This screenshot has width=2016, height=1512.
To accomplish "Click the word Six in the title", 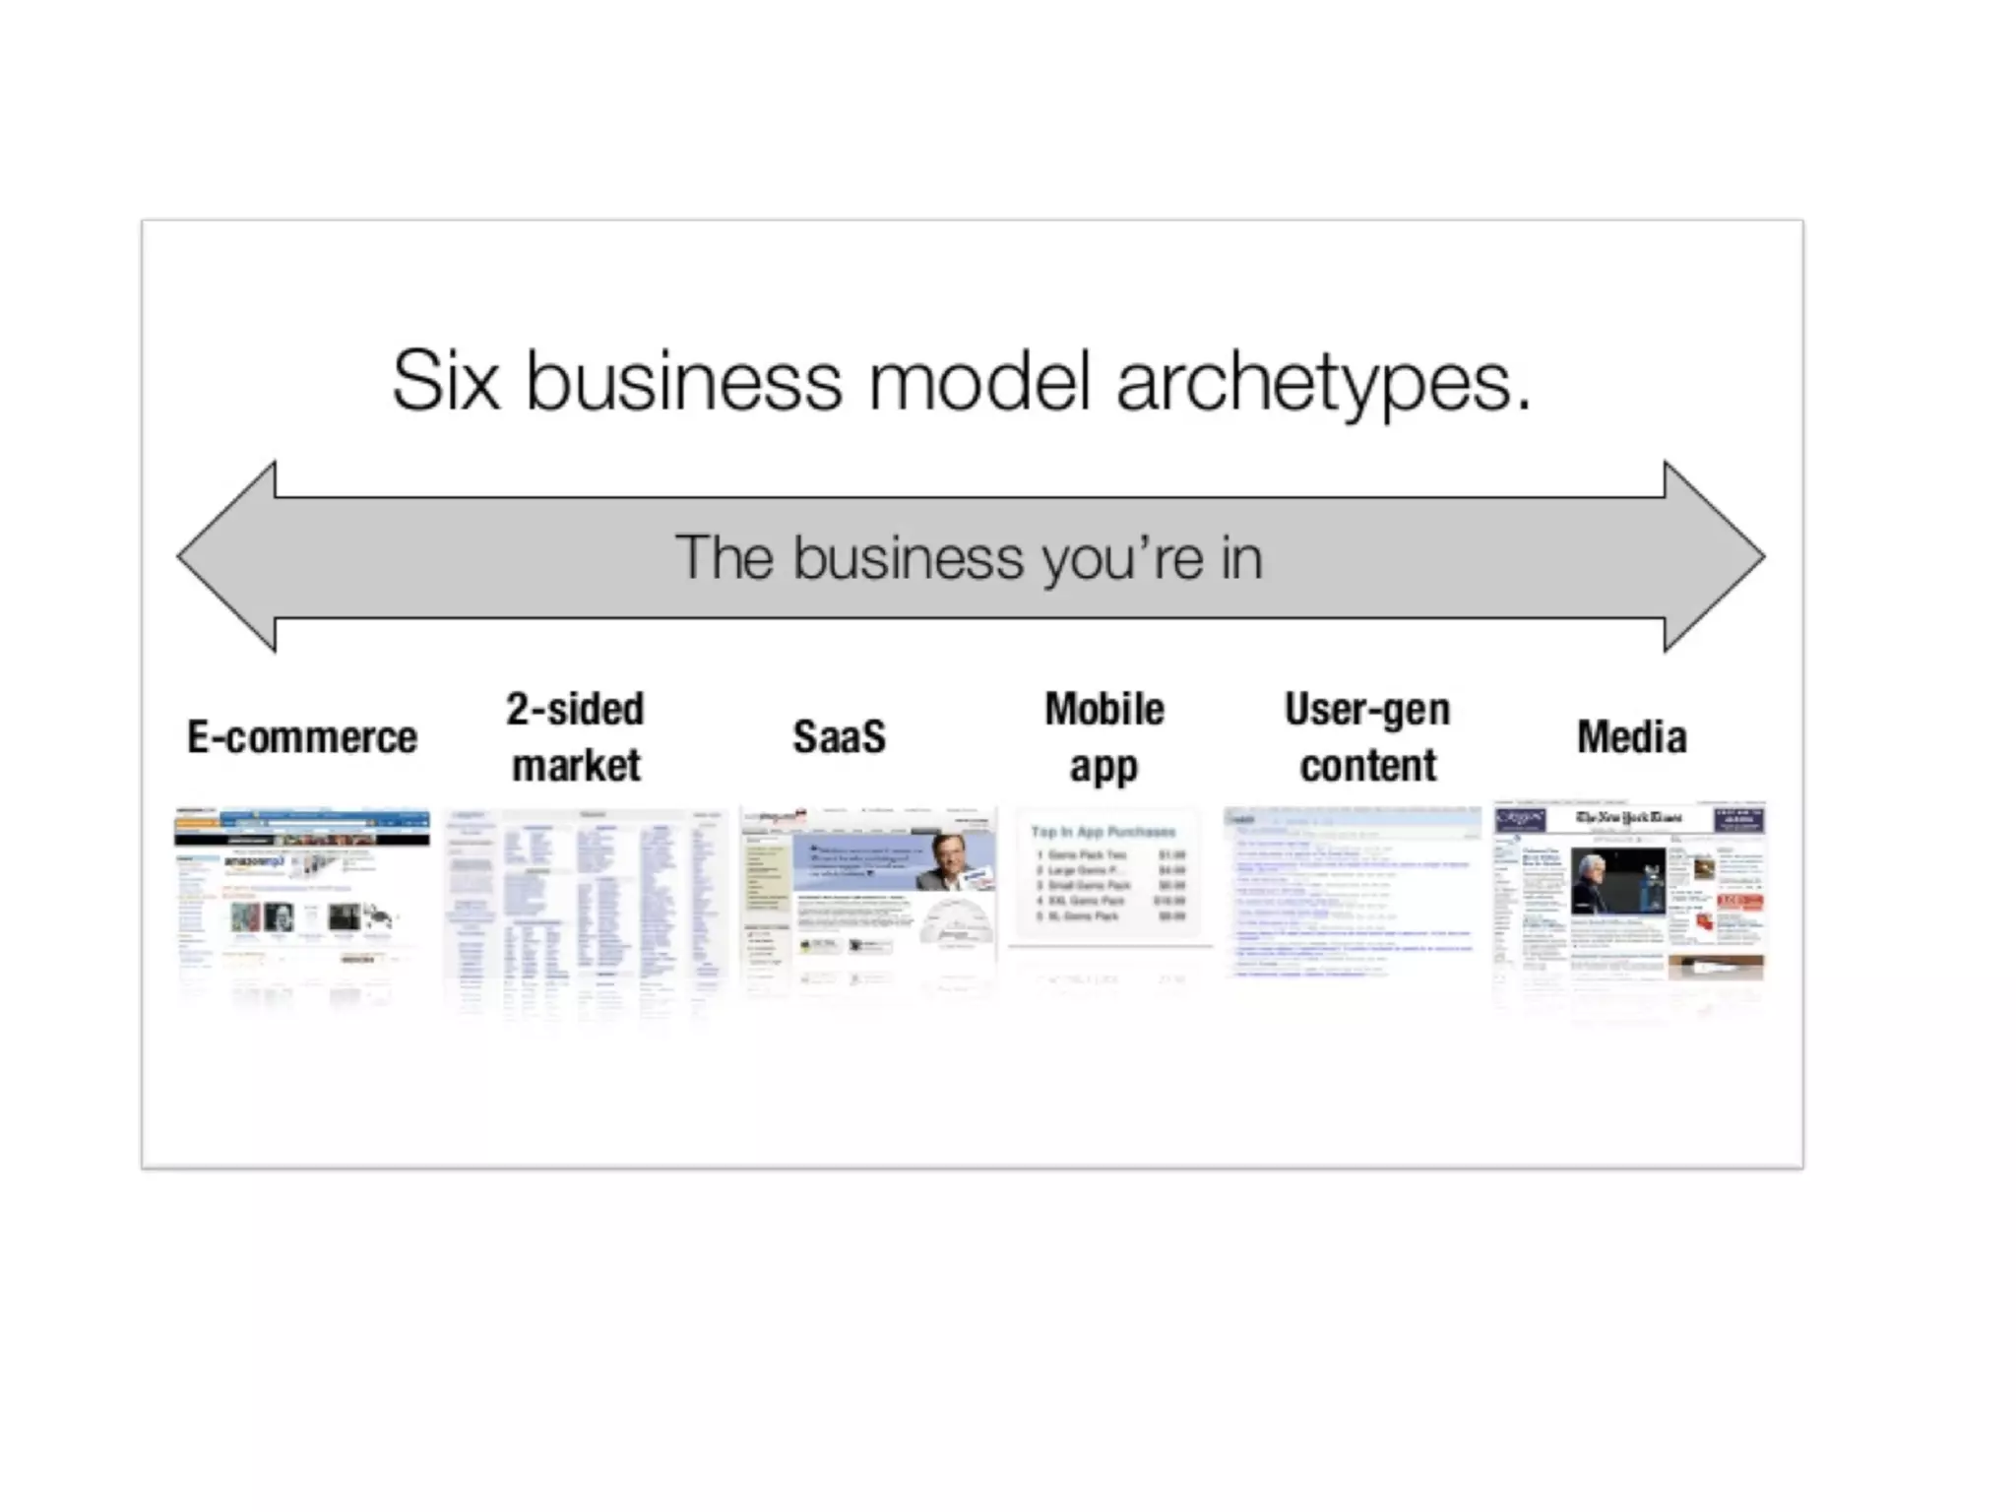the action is pos(445,381).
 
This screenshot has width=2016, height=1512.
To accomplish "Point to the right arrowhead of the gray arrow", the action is pos(1713,557).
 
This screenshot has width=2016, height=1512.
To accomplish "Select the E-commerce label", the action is pos(302,737).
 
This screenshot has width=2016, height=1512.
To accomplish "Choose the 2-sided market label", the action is pos(576,736).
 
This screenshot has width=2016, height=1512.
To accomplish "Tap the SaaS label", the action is pos(839,736).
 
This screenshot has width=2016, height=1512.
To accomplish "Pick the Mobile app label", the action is pos(1103,736).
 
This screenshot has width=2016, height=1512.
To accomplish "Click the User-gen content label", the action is pos(1367,736).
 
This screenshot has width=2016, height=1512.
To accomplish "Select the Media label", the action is pos(1631,736).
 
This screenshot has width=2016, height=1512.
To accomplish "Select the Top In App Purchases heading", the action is pos(1102,832).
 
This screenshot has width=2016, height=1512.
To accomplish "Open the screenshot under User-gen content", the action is pos(1352,891).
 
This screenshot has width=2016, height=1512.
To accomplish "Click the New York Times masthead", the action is pos(1628,818).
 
